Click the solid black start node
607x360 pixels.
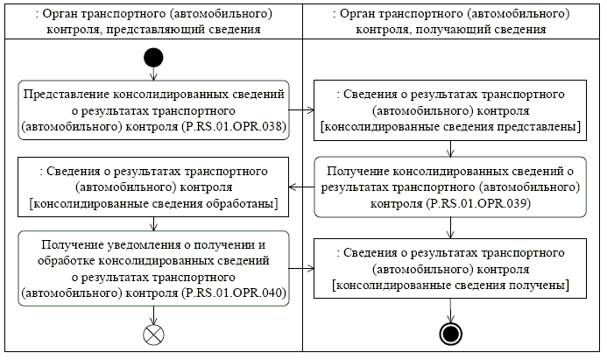click(x=154, y=59)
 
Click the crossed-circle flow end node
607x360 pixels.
click(x=154, y=334)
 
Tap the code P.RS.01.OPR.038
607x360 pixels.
click(x=234, y=126)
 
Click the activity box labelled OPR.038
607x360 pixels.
click(x=154, y=109)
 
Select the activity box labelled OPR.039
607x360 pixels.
click(x=451, y=186)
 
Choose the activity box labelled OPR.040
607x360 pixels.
click(x=154, y=267)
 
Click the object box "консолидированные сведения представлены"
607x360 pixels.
click(x=451, y=109)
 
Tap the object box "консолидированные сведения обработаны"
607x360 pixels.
click(x=154, y=186)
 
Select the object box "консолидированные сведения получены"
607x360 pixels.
click(x=451, y=267)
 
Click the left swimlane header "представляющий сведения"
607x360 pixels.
click(x=151, y=21)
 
